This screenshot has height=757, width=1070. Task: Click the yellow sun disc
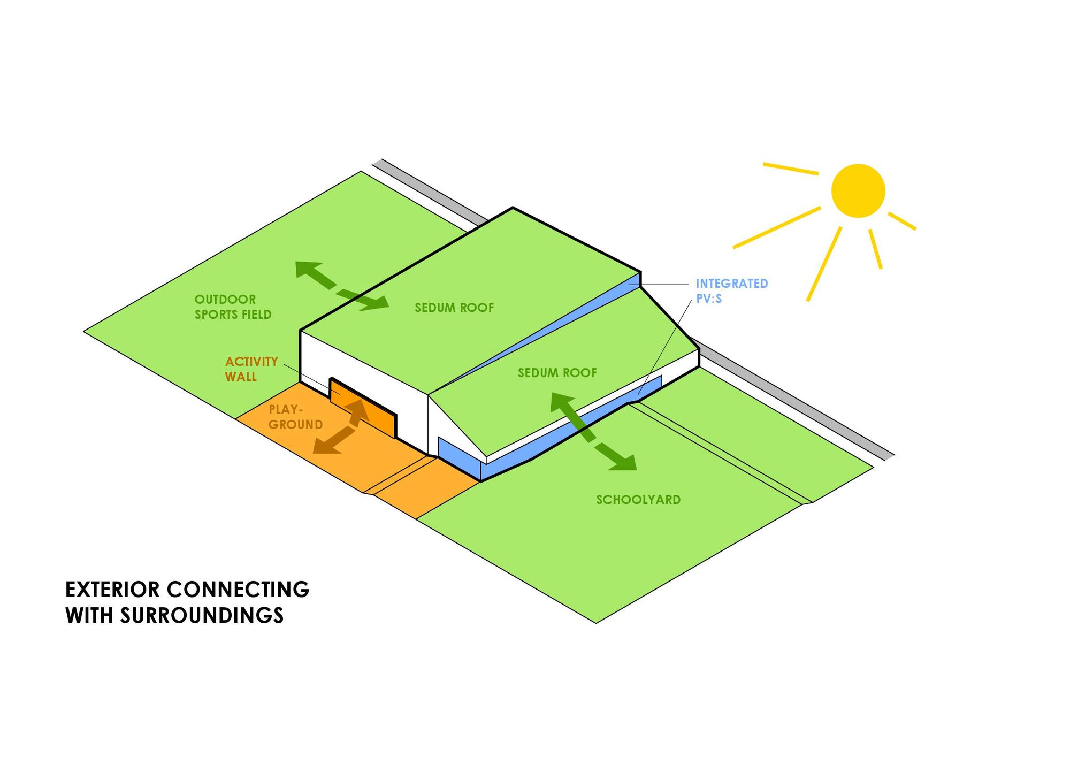[x=858, y=191]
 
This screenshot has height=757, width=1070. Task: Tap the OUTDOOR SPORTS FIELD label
[x=233, y=307]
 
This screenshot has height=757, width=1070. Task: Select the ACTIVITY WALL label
[x=251, y=369]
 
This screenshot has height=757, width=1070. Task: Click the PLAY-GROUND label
[x=295, y=417]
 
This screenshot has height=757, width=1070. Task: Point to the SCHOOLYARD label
[x=638, y=500]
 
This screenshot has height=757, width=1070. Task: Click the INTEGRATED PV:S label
[x=731, y=290]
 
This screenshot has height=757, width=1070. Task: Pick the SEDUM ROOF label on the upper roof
[x=454, y=308]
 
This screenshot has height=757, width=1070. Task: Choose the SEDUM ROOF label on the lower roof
[x=557, y=373]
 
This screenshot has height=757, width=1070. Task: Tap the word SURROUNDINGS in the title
[x=201, y=615]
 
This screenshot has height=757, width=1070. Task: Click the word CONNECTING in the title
[x=238, y=590]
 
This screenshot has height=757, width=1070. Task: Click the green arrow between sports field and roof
[x=341, y=286]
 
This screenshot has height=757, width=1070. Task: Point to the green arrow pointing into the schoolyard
[x=593, y=431]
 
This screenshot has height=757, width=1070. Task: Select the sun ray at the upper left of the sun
[x=790, y=169]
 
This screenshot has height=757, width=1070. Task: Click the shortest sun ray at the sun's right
[x=902, y=221]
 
